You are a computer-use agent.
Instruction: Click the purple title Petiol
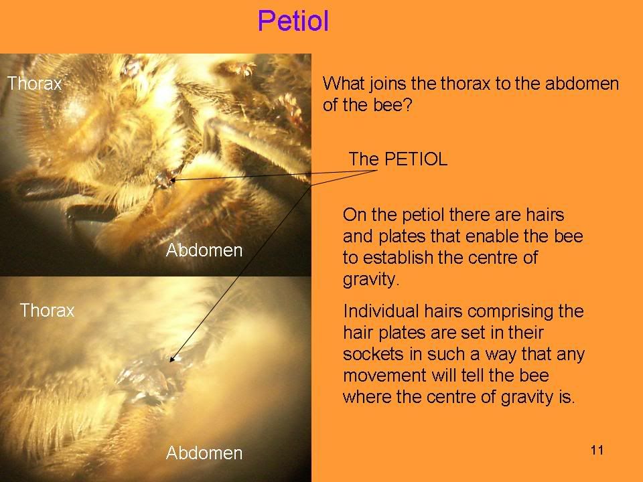click(293, 21)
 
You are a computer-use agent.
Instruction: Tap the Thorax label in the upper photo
click(34, 84)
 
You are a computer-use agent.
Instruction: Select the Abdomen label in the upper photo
click(204, 250)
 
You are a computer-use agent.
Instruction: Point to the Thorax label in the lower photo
click(47, 310)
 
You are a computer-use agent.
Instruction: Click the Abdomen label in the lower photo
click(204, 453)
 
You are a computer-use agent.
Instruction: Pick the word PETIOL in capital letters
click(416, 159)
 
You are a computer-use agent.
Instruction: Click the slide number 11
click(597, 450)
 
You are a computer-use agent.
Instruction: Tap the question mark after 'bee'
click(407, 105)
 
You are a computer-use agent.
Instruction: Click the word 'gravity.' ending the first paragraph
click(371, 280)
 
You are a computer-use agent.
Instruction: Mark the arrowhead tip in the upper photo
click(171, 179)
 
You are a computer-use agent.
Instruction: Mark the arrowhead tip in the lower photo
click(171, 361)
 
